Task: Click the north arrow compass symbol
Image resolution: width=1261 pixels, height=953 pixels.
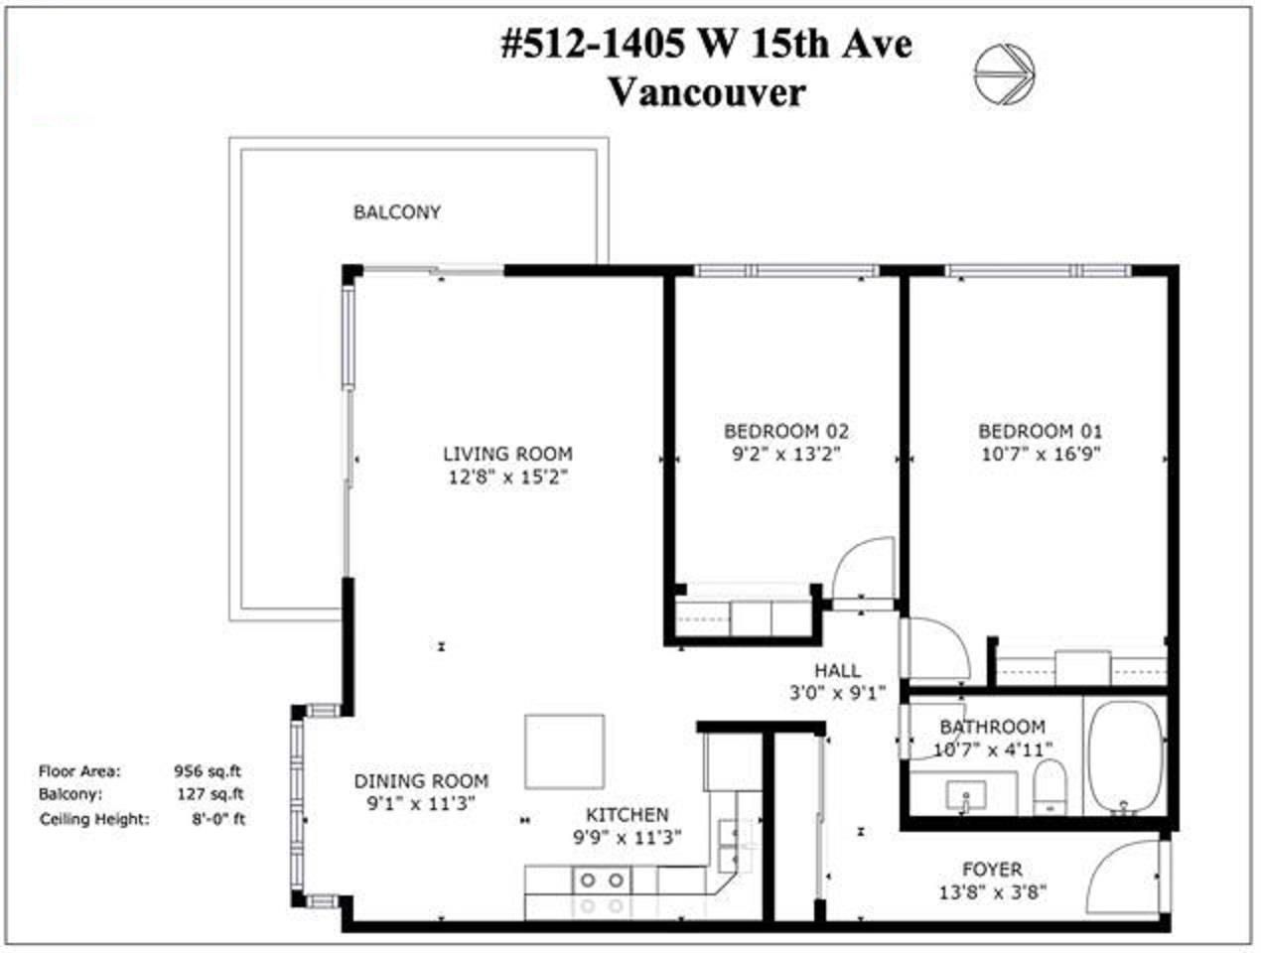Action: (x=1004, y=74)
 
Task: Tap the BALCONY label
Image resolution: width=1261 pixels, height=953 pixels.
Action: (x=397, y=212)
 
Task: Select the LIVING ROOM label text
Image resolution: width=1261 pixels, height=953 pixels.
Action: (x=507, y=454)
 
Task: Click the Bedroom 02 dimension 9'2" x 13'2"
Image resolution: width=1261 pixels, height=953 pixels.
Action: (x=786, y=454)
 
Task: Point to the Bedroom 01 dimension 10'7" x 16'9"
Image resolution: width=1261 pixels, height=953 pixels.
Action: (x=1041, y=454)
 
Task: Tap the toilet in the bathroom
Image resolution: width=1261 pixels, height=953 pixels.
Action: (x=1050, y=787)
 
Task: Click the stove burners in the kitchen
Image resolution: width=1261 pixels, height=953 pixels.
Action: (x=602, y=893)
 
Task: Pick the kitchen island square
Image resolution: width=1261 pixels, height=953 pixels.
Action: (x=564, y=751)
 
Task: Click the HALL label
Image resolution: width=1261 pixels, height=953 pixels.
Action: (x=838, y=670)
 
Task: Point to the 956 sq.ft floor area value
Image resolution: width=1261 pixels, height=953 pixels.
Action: (x=209, y=771)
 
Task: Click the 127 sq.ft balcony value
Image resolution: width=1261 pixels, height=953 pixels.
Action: (x=210, y=794)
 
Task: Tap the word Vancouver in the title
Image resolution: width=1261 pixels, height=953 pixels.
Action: (x=707, y=92)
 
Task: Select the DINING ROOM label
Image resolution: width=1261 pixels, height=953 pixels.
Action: (x=421, y=781)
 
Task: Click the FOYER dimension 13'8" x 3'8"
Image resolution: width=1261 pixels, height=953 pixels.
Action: (x=993, y=892)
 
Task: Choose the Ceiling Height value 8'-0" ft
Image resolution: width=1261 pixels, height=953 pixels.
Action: (x=218, y=819)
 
